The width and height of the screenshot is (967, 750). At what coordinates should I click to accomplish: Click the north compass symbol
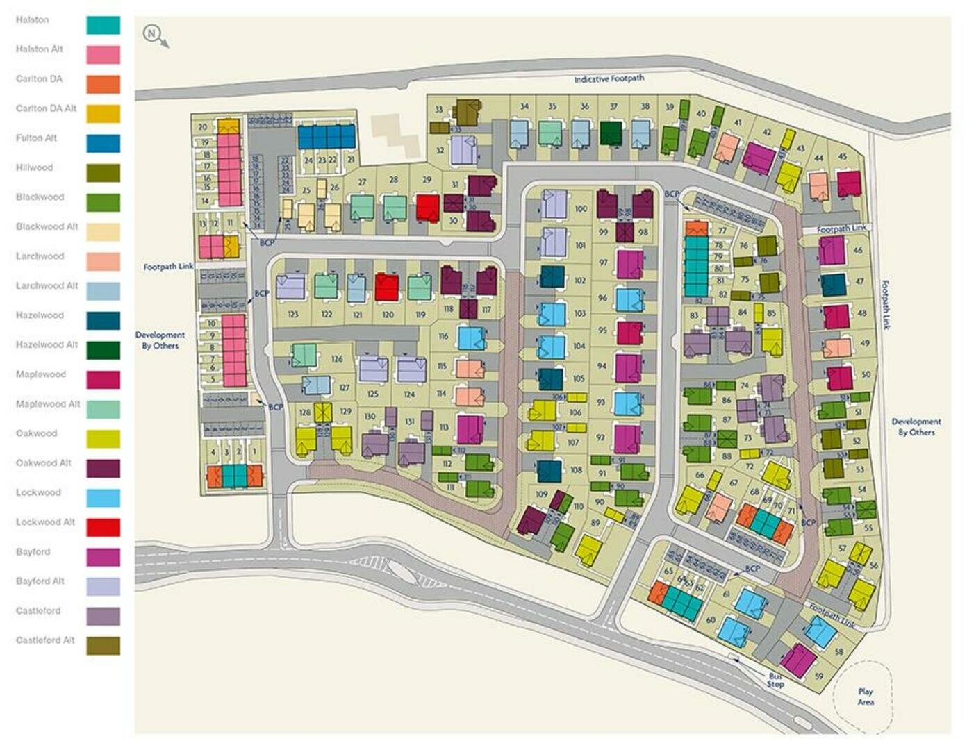pyautogui.click(x=152, y=33)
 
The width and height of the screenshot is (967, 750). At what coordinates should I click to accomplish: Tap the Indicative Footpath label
pyautogui.click(x=609, y=79)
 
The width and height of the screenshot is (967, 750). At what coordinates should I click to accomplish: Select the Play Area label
pyautogui.click(x=865, y=697)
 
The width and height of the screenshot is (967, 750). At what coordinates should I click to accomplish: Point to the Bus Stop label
pyautogui.click(x=775, y=680)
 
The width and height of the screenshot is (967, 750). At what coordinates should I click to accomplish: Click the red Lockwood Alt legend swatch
pyautogui.click(x=103, y=528)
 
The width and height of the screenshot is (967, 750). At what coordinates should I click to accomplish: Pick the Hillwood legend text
pyautogui.click(x=34, y=167)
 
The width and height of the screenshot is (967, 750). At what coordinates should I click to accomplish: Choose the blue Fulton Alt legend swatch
pyautogui.click(x=103, y=143)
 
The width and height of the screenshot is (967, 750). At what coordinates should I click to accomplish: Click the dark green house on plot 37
pyautogui.click(x=611, y=133)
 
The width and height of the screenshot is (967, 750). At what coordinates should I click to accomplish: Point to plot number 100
pyautogui.click(x=581, y=208)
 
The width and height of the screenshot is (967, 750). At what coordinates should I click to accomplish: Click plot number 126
pyautogui.click(x=337, y=359)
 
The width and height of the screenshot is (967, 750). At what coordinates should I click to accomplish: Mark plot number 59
pyautogui.click(x=818, y=676)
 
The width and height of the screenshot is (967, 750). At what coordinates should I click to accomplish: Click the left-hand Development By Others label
pyautogui.click(x=160, y=340)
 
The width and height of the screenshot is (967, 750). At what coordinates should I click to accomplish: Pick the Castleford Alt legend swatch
pyautogui.click(x=103, y=646)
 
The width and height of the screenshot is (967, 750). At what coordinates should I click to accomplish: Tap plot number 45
pyautogui.click(x=842, y=157)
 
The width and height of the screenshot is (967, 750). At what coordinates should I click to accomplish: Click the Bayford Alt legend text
pyautogui.click(x=40, y=581)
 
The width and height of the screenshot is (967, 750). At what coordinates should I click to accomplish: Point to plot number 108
pyautogui.click(x=576, y=469)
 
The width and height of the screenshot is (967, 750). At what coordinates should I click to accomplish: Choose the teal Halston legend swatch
pyautogui.click(x=103, y=25)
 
